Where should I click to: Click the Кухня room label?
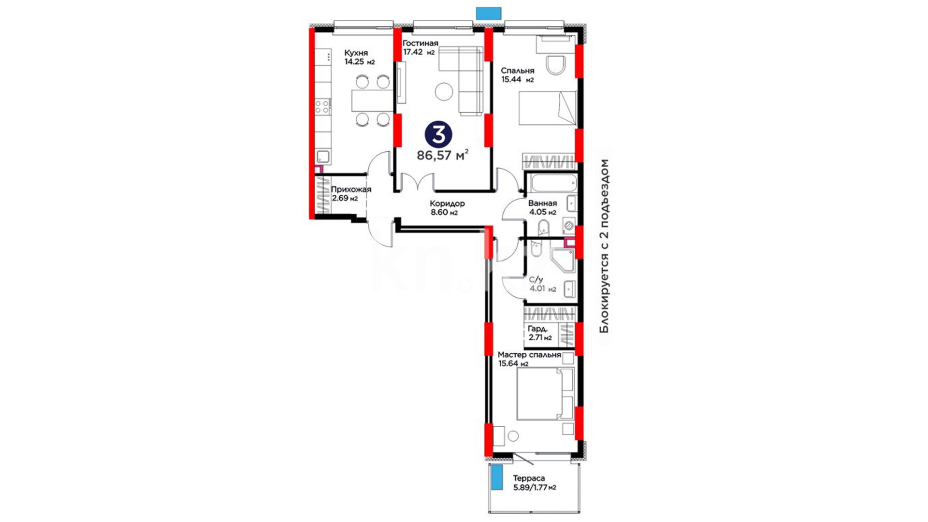(356, 53)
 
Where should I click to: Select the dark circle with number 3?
(438, 135)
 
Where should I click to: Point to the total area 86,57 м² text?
(442, 155)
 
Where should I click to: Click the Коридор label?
(447, 204)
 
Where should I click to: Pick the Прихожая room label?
(351, 189)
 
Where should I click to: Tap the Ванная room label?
(542, 203)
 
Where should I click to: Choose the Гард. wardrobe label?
(538, 329)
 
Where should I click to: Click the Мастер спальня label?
(529, 355)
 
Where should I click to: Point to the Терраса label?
(529, 478)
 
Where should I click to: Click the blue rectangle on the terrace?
(496, 478)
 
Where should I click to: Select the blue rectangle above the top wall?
(489, 13)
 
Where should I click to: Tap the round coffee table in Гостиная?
(443, 91)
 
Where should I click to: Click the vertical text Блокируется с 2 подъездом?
(604, 246)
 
